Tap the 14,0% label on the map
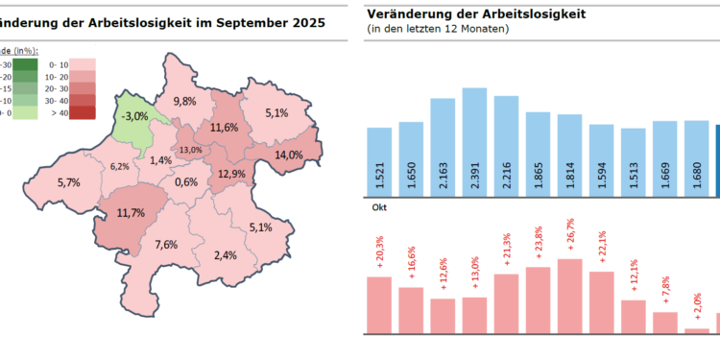click(289, 155)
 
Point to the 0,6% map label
click(187, 181)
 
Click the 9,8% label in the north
click(184, 101)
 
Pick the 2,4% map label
click(226, 254)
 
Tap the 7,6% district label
click(166, 244)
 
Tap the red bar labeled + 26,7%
click(569, 296)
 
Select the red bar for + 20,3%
click(379, 304)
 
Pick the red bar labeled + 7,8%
click(664, 322)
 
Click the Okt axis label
click(378, 205)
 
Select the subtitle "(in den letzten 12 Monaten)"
click(438, 30)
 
